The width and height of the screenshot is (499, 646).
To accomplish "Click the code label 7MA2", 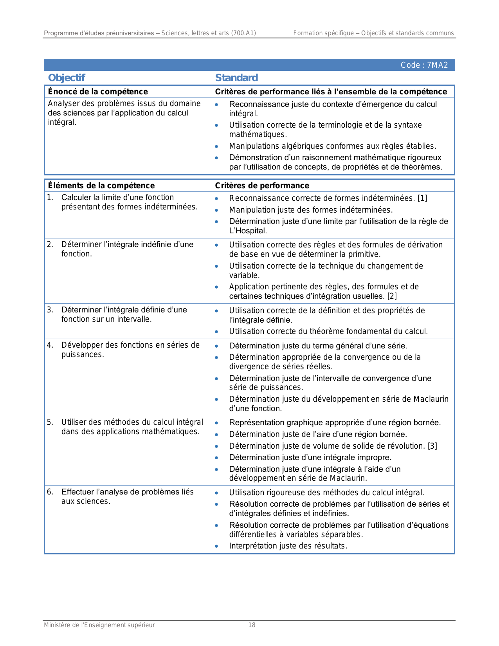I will pyautogui.click(x=424, y=65).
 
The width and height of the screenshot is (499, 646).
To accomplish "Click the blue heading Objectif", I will pyautogui.click(x=67, y=78).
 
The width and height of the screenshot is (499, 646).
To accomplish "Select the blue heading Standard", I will pyautogui.click(x=236, y=78).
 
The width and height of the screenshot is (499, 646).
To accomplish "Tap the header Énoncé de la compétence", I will pyautogui.click(x=98, y=92).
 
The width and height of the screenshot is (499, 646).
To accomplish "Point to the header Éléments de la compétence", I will pyautogui.click(x=101, y=186).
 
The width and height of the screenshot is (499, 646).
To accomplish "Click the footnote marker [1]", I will pyautogui.click(x=422, y=198).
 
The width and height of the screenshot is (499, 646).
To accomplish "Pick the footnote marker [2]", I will pyautogui.click(x=392, y=296).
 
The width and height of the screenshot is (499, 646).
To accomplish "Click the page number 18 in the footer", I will pyautogui.click(x=252, y=625).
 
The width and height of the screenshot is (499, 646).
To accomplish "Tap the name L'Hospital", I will pyautogui.click(x=248, y=231).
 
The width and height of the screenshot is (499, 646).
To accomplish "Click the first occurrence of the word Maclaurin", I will pyautogui.click(x=431, y=399).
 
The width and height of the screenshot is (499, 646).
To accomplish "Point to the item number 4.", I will pyautogui.click(x=50, y=345).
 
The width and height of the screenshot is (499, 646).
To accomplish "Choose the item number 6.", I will pyautogui.click(x=50, y=492).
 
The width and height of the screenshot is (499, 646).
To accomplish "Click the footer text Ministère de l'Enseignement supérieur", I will pyautogui.click(x=99, y=625).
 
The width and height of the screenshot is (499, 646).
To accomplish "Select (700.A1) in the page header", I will pyautogui.click(x=243, y=33).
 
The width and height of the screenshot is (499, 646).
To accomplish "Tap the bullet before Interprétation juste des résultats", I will pyautogui.click(x=217, y=546).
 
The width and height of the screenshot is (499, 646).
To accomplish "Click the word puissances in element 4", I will pyautogui.click(x=82, y=354).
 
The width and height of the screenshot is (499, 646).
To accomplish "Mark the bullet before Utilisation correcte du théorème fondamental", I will pyautogui.click(x=217, y=332).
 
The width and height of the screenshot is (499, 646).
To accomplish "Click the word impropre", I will pyautogui.click(x=376, y=457).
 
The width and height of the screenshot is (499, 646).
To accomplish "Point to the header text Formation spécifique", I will pyautogui.click(x=323, y=33).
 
